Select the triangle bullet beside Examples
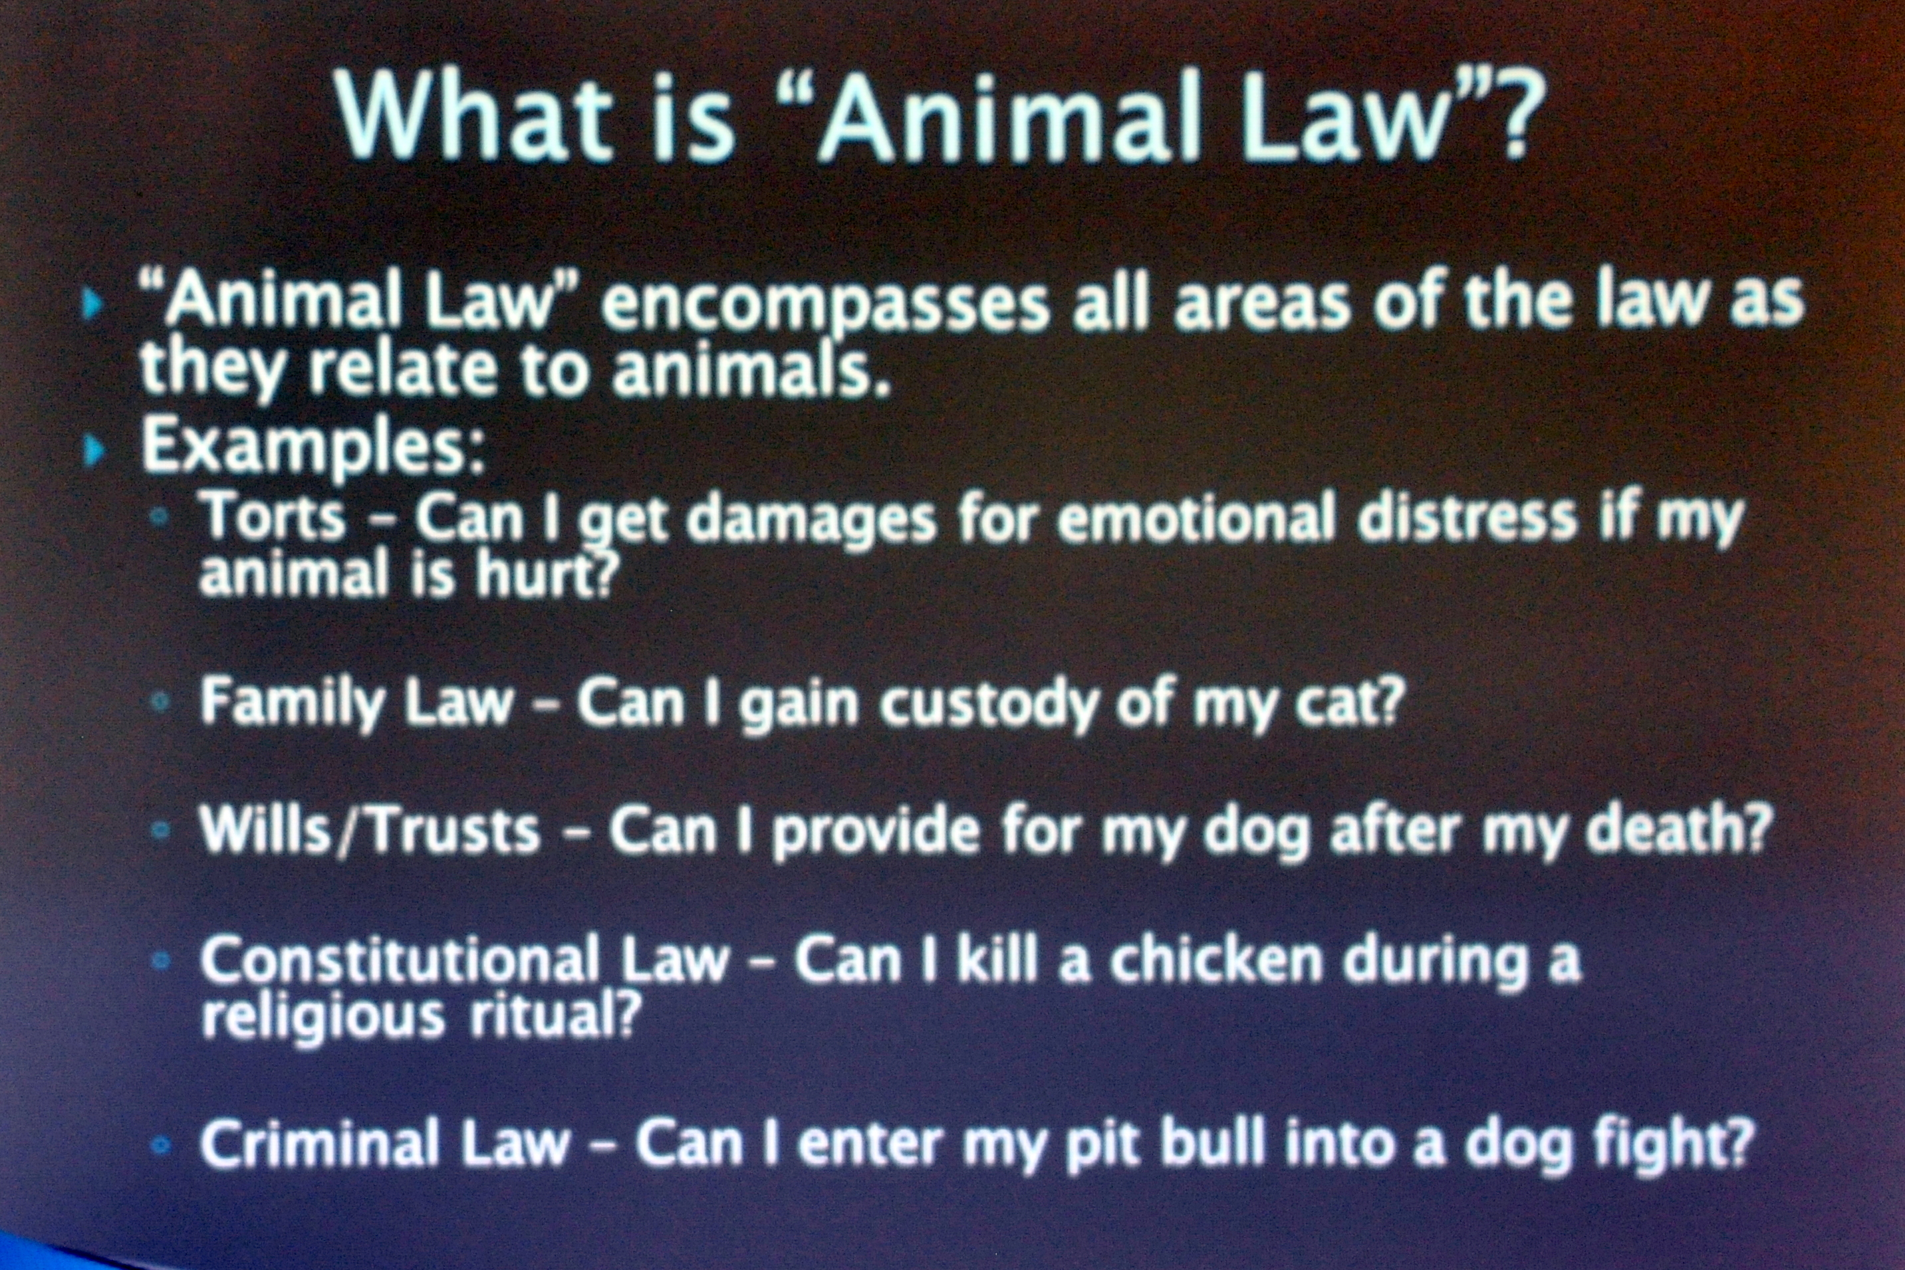pyautogui.click(x=94, y=451)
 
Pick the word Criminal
pyautogui.click(x=320, y=1141)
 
